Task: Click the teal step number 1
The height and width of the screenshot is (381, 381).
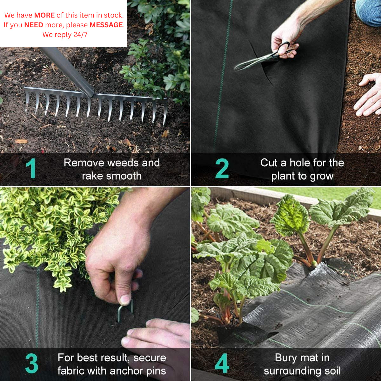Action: pos(31,168)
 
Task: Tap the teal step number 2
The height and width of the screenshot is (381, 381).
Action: pos(222,169)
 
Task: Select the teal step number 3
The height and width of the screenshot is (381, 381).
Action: pos(31,364)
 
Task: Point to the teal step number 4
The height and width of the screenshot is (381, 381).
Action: pos(222,364)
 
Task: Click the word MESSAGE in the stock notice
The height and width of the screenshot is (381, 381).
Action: pos(106,25)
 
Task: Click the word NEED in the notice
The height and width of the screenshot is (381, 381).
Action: pos(34,25)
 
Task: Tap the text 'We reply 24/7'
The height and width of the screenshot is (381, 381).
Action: pos(65,35)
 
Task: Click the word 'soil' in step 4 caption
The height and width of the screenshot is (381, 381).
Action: pos(331,371)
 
